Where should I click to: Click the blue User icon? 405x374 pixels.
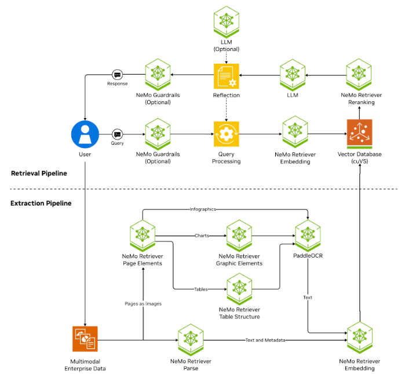tap(85, 134)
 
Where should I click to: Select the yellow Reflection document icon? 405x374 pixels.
tap(226, 76)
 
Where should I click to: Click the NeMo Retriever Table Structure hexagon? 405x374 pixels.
tap(239, 288)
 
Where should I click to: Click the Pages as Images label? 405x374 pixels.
tap(143, 303)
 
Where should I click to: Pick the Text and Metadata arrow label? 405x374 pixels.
tap(265, 340)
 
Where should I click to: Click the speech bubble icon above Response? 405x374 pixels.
tap(117, 75)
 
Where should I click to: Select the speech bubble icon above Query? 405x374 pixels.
tap(117, 134)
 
